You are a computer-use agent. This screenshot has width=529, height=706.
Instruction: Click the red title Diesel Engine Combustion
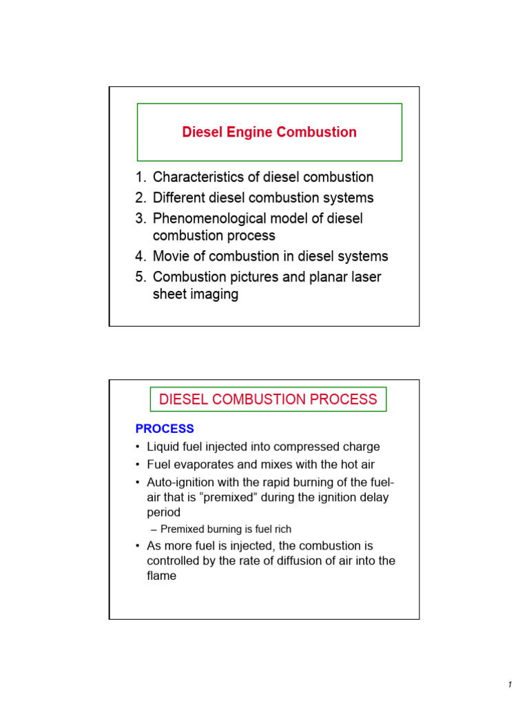(x=269, y=132)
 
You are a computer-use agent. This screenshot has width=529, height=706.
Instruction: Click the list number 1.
(x=141, y=177)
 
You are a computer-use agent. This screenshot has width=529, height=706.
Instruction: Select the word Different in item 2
(x=180, y=198)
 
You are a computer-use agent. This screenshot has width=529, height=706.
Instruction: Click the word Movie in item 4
(x=172, y=256)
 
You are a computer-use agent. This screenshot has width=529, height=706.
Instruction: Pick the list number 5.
(x=141, y=277)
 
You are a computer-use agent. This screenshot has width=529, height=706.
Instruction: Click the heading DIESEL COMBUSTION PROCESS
(x=268, y=399)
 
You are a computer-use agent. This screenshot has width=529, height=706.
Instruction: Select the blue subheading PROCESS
(x=165, y=429)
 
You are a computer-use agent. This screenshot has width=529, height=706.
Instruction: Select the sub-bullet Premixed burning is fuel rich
(x=225, y=529)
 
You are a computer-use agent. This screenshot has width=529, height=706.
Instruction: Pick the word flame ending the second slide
(x=162, y=576)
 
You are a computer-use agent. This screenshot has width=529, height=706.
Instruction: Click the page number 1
(x=510, y=685)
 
